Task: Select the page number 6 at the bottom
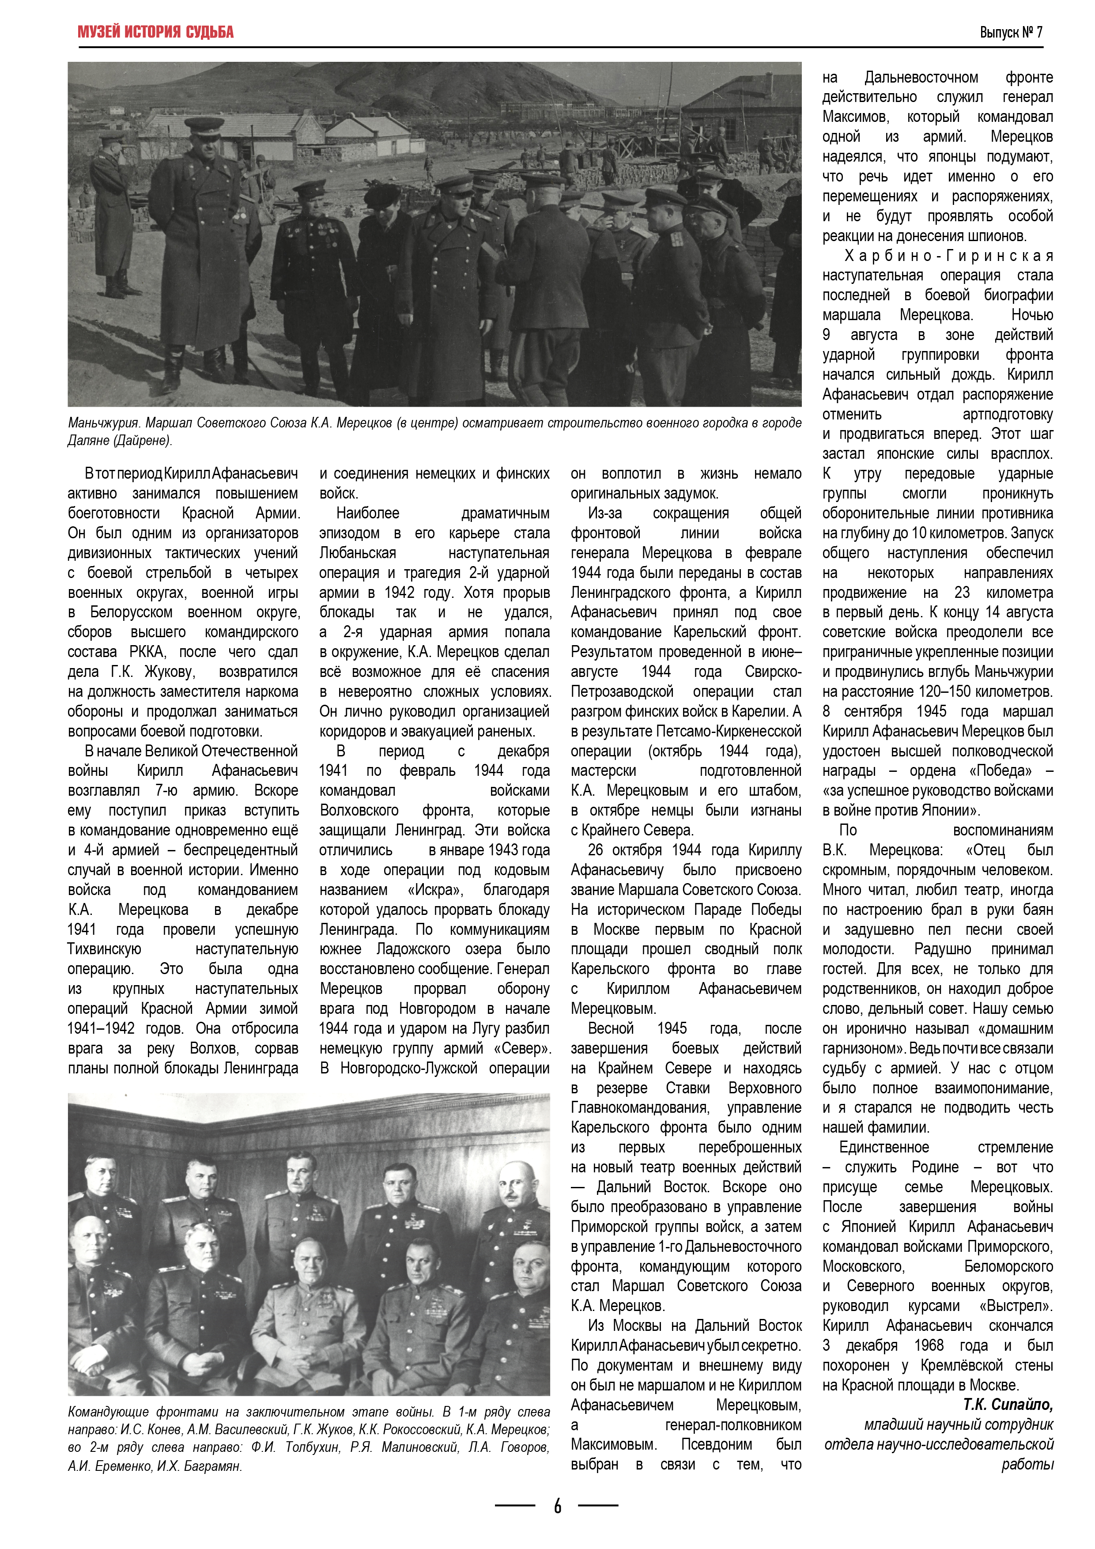tap(557, 1505)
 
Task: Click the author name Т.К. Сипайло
tap(1008, 1404)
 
